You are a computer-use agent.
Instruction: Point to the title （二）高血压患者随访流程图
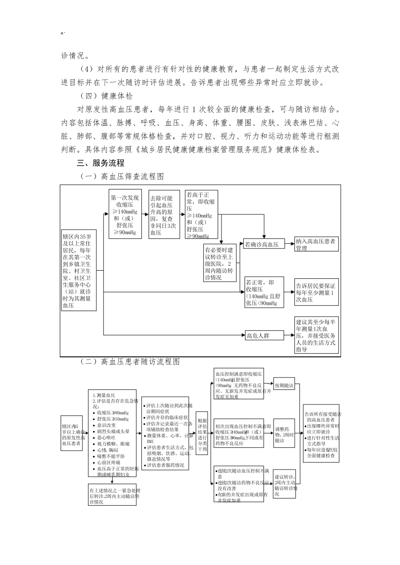[130, 362]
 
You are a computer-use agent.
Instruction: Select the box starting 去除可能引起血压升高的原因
[164, 214]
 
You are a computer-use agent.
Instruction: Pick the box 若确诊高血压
[261, 244]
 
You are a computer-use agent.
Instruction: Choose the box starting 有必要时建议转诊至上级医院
[221, 263]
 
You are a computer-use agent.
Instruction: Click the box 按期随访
[284, 385]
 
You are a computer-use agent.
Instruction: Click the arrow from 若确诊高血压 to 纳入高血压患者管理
[288, 243]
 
